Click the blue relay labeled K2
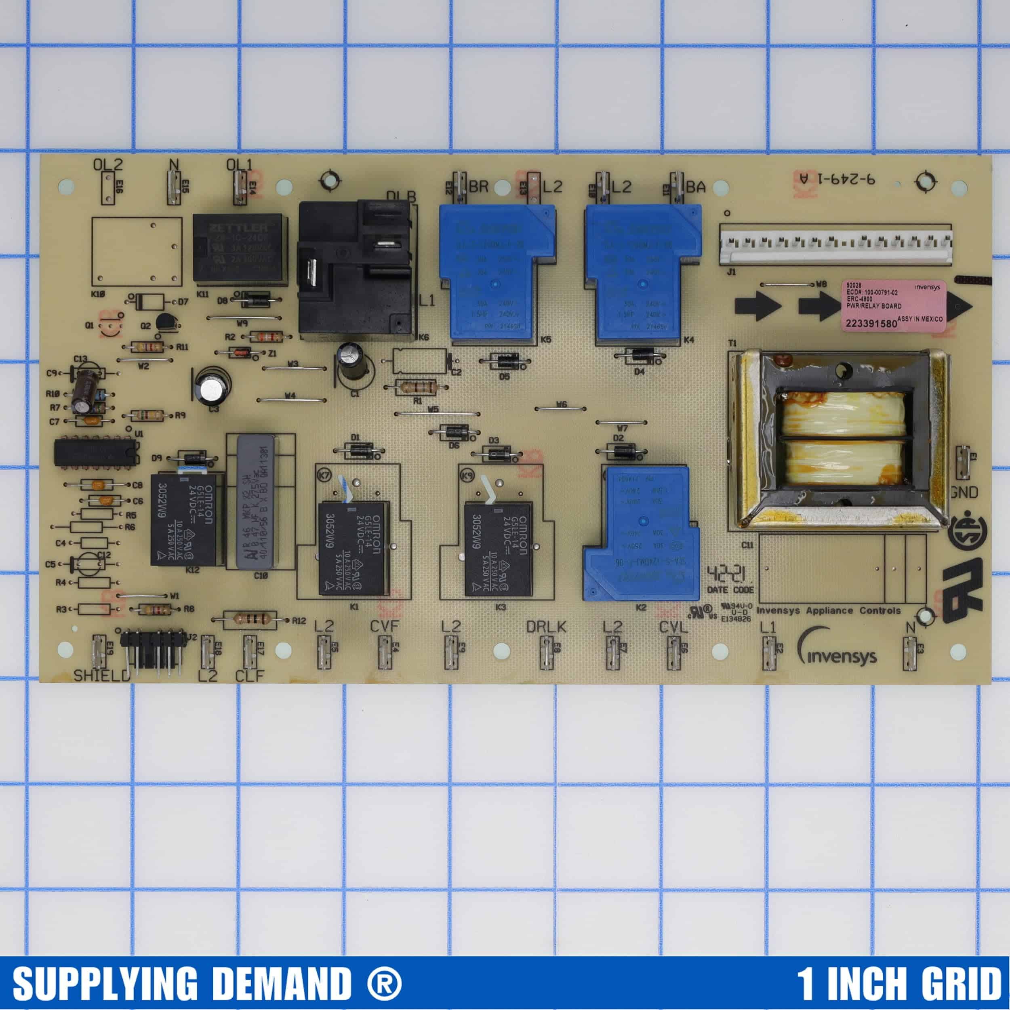click(642, 534)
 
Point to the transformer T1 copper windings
click(843, 439)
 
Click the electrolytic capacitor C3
click(212, 387)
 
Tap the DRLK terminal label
click(546, 626)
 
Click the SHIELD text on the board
click(101, 675)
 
